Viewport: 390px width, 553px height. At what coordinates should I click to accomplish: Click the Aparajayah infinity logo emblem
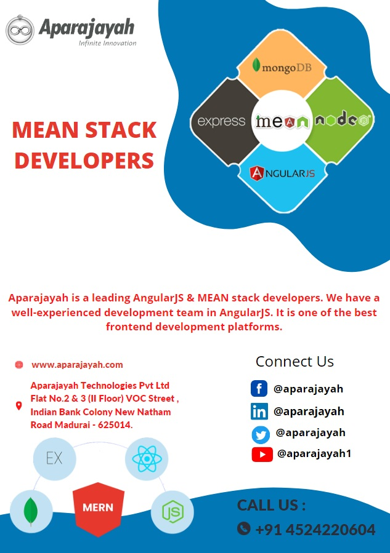click(20, 30)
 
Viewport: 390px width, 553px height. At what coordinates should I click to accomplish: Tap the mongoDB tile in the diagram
click(282, 65)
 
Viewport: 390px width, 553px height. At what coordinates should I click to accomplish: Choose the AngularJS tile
click(282, 173)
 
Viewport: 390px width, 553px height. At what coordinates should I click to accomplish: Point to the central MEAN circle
click(282, 121)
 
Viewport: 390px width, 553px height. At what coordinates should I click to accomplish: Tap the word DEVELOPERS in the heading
click(84, 160)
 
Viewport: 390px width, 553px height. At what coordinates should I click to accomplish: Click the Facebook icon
click(259, 389)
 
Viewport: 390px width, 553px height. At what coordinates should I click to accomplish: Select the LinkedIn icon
click(259, 412)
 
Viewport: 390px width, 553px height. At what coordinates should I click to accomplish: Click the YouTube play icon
click(262, 455)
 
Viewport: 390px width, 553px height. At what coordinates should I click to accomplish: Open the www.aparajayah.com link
click(77, 365)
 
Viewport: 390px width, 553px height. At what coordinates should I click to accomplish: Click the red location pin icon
click(18, 406)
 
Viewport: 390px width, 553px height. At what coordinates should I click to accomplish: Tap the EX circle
click(54, 458)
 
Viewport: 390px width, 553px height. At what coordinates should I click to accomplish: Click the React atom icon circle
click(147, 458)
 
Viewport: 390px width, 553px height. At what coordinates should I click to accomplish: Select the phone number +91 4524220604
click(315, 529)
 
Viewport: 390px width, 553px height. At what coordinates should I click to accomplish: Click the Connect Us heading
click(295, 362)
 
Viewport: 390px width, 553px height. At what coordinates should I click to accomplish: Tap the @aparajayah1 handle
click(314, 454)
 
